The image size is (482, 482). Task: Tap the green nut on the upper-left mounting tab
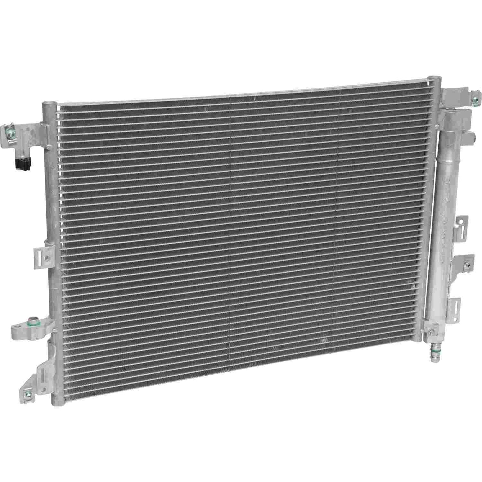pos(10,134)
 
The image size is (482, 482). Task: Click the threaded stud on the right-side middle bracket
pos(469,266)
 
